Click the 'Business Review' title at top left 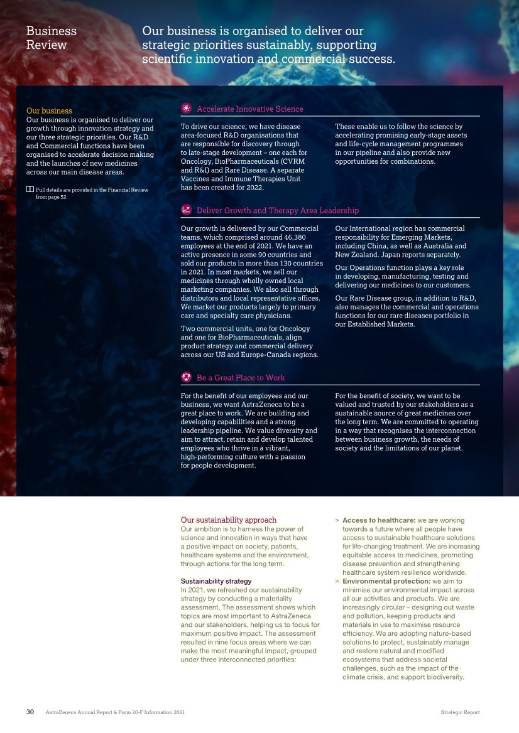click(x=51, y=38)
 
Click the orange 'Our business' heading click(x=49, y=111)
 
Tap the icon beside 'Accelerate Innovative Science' click(x=186, y=109)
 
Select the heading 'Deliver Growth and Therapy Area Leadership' click(x=278, y=210)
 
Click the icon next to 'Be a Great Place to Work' click(x=186, y=377)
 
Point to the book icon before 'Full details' click(x=30, y=190)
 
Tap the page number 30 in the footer click(x=30, y=712)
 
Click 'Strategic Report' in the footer click(x=460, y=713)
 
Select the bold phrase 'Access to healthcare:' click(x=377, y=520)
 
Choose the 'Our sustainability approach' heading click(x=228, y=520)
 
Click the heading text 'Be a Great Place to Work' click(x=241, y=378)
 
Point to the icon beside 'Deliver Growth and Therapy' click(x=186, y=210)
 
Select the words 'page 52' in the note click(x=58, y=196)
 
